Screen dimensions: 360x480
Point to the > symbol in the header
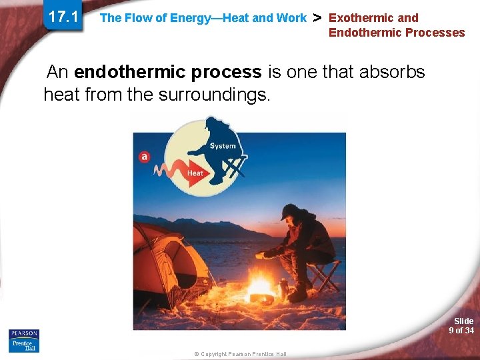click(x=317, y=18)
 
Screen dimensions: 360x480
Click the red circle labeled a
click(x=144, y=157)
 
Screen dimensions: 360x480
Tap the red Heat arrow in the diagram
click(x=187, y=172)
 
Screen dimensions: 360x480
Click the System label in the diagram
click(x=222, y=146)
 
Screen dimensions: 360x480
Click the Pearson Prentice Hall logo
click(x=24, y=341)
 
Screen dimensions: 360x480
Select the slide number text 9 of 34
click(x=461, y=331)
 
